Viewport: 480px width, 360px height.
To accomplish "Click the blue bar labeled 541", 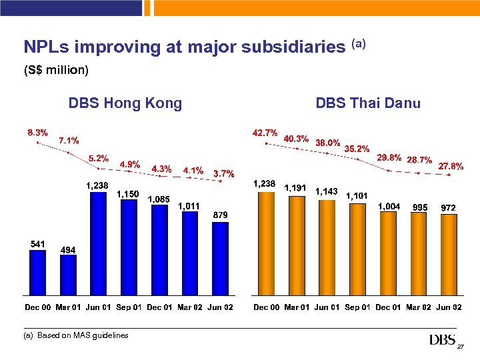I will [37, 272].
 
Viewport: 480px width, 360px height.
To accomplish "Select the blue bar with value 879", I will [220, 258].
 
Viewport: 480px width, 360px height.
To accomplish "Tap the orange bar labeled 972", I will [448, 255].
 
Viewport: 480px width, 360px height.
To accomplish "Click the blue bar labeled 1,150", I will [129, 247].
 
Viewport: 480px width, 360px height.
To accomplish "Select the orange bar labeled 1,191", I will [296, 245].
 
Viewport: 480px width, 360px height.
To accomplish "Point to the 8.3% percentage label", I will [37, 132].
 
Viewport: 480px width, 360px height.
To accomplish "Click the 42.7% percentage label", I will [265, 133].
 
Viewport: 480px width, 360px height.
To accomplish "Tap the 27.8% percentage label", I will [451, 166].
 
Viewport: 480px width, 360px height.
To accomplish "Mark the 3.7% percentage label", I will [223, 174].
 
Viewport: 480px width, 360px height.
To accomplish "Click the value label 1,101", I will [357, 195].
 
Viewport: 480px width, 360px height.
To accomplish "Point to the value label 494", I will [68, 249].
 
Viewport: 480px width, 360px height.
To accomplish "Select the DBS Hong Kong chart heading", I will [125, 103].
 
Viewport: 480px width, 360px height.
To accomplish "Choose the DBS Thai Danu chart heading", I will [368, 103].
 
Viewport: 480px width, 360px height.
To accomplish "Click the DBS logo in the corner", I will [442, 341].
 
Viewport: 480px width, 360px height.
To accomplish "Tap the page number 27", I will [460, 347].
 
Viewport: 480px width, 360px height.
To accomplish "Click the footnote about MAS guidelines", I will [76, 335].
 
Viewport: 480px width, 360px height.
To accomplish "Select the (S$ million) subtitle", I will [56, 69].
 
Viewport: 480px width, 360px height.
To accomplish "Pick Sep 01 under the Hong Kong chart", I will [129, 307].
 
